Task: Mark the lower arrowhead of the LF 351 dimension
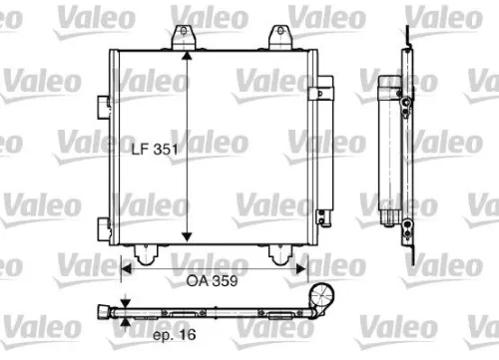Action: coord(188,237)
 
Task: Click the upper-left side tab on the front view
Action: coord(104,104)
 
